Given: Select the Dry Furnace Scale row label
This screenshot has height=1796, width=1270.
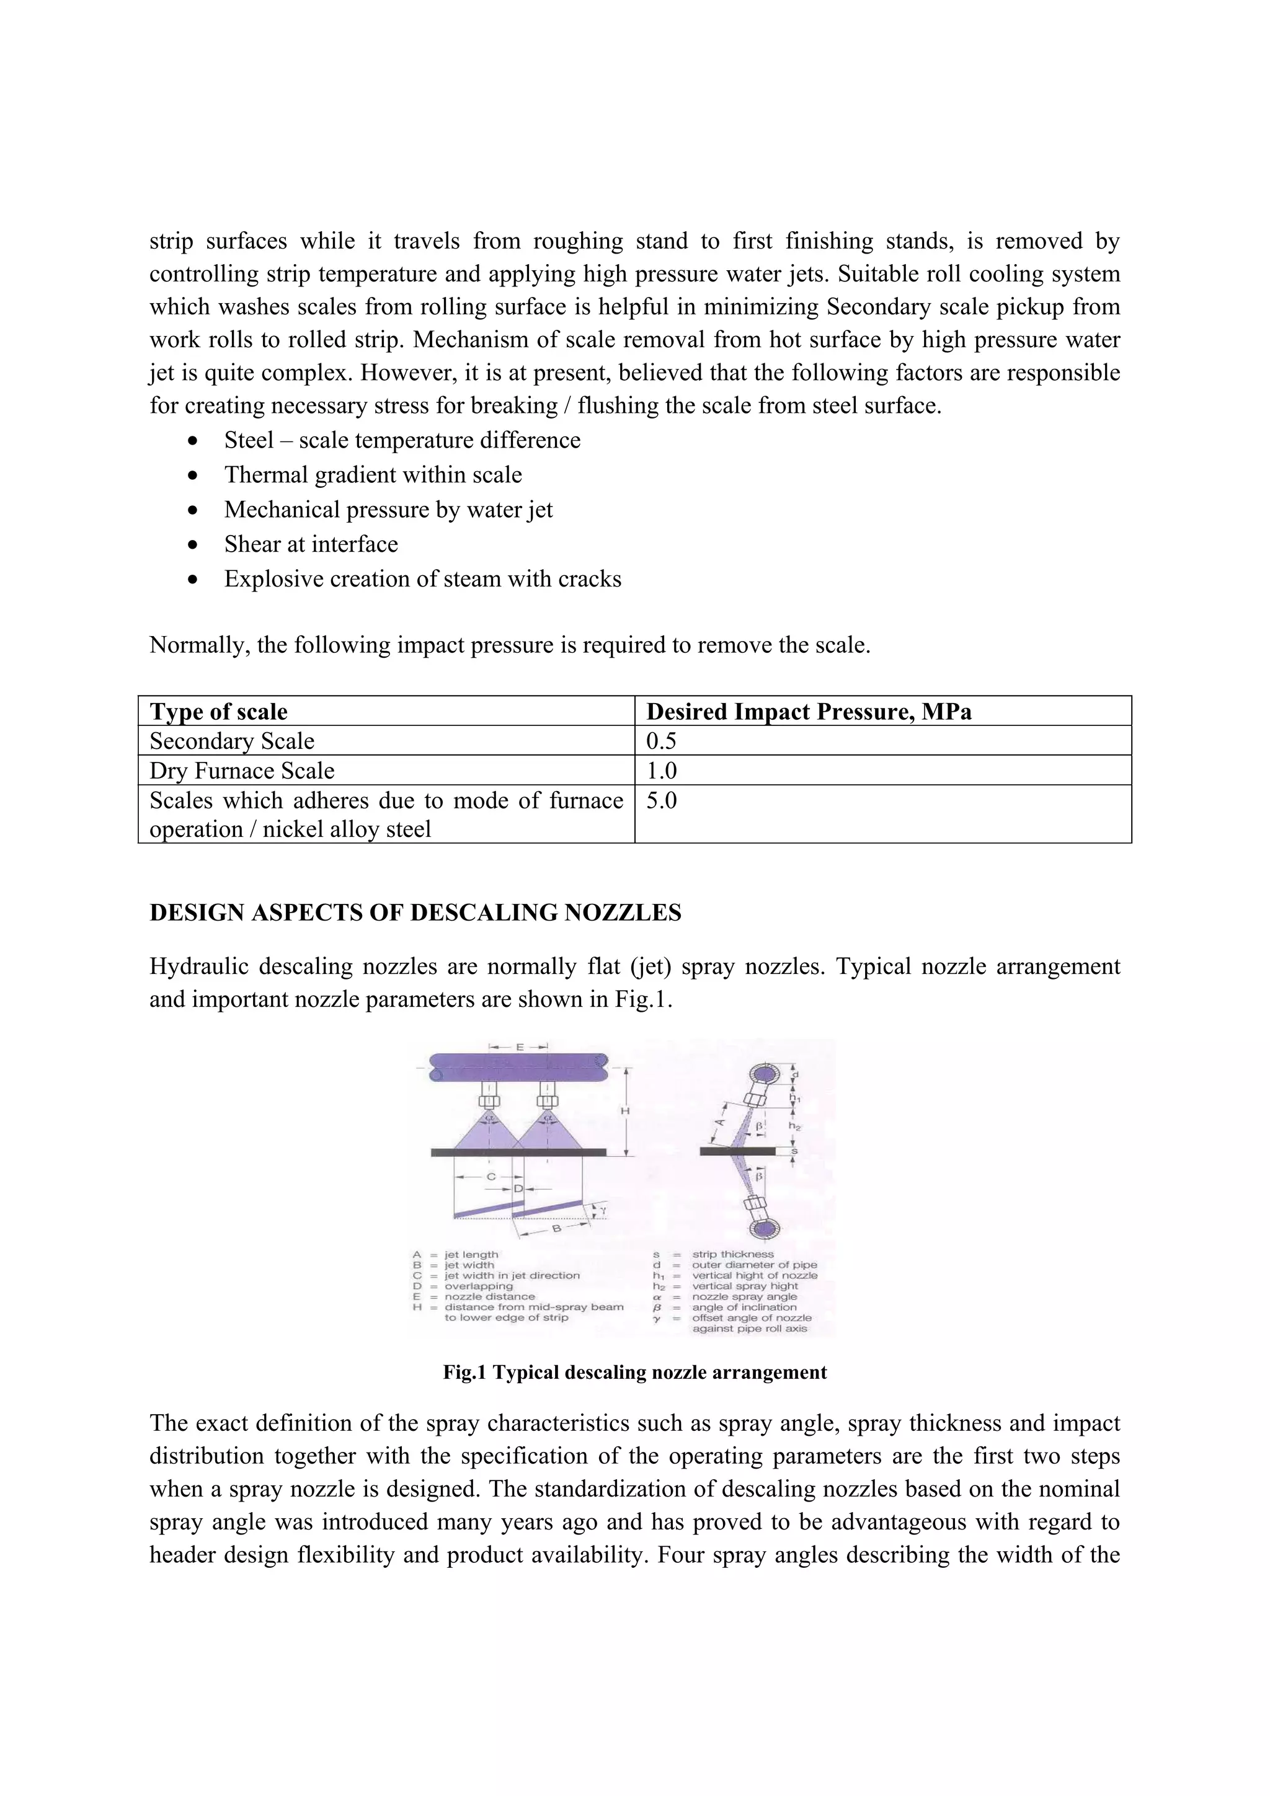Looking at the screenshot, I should (x=242, y=771).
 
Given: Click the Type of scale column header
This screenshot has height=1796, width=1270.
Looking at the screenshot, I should (x=218, y=711).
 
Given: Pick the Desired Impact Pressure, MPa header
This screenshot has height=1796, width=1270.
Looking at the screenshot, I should (x=809, y=711).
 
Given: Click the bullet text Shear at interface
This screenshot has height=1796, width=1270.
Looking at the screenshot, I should (x=311, y=544).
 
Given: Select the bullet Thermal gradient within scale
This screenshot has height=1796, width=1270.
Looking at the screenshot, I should (x=373, y=475).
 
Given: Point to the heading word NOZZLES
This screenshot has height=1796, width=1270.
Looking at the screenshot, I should (x=623, y=913).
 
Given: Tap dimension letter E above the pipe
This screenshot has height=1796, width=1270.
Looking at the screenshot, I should (x=519, y=1046).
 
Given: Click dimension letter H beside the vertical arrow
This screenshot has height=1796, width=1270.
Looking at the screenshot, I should (x=625, y=1111).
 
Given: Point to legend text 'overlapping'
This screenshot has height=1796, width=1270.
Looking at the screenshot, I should (x=478, y=1286).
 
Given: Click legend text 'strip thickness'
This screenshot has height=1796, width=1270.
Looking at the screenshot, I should (x=732, y=1254).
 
